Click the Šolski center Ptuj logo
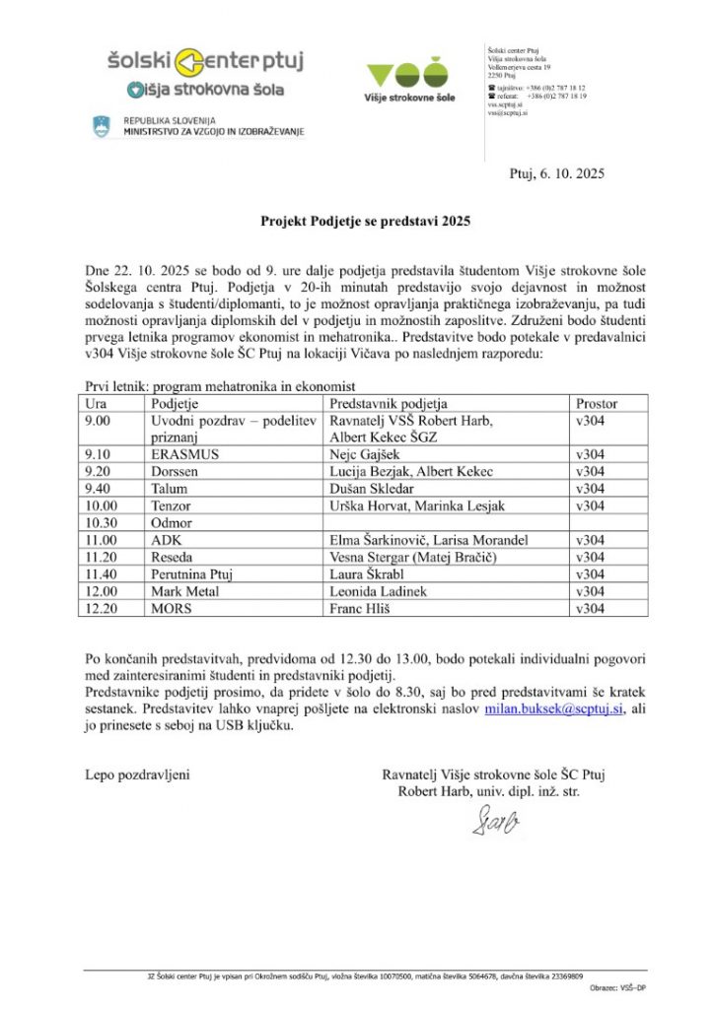206,62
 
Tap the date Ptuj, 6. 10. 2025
556,173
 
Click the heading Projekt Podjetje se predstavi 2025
366,223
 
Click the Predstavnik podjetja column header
389,403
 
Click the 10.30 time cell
101,522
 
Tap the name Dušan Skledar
371,489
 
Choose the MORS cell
170,607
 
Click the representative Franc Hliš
363,607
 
